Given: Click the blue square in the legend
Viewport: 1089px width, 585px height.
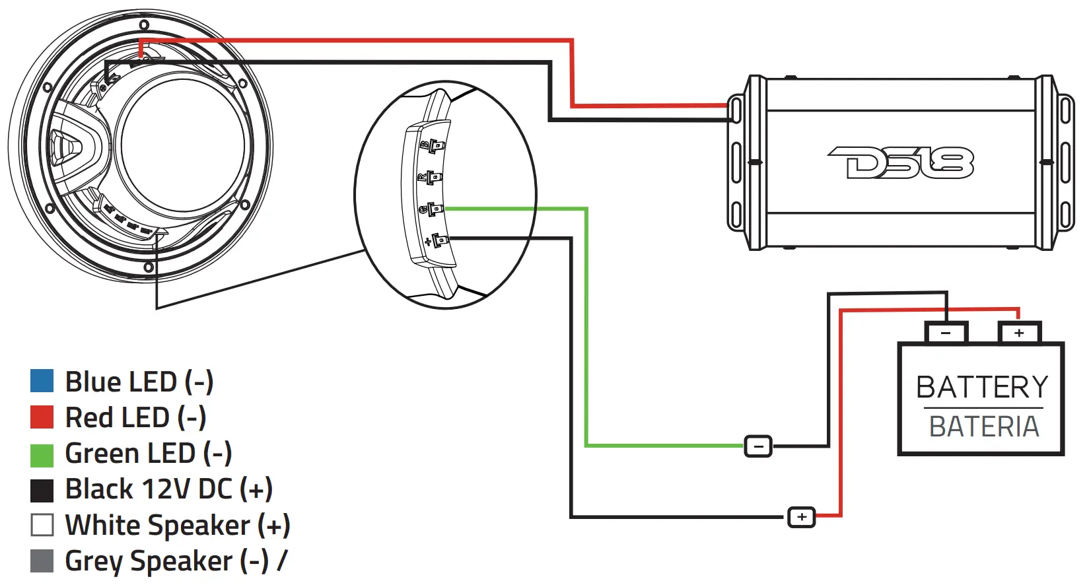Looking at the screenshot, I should tap(42, 381).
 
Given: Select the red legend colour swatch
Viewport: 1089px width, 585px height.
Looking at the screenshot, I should tap(42, 417).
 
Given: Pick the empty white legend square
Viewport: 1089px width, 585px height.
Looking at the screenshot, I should tap(42, 525).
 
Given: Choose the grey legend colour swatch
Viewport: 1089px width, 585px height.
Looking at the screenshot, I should tap(42, 561).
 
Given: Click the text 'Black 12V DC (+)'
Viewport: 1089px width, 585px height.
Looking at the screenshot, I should tap(168, 489).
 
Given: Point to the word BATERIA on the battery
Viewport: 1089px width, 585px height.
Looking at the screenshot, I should tap(983, 427).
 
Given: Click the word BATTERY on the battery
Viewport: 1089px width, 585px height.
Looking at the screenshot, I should tap(982, 387).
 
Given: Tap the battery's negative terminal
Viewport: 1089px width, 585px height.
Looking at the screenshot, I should tap(946, 333).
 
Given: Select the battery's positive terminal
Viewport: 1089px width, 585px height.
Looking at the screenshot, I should tap(1019, 333).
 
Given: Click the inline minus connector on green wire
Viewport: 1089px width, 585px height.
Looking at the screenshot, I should tap(758, 447).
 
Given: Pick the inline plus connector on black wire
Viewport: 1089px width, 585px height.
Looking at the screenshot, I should tap(802, 517).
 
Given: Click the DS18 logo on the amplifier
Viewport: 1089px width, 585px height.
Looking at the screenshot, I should tap(901, 162).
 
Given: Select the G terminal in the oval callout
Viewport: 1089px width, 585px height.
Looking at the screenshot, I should tap(433, 210).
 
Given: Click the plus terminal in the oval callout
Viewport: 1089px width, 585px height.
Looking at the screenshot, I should tap(438, 241).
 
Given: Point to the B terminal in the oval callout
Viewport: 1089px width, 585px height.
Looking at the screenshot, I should tap(435, 145).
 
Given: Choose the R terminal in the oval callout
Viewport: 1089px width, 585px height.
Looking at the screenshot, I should tap(432, 178).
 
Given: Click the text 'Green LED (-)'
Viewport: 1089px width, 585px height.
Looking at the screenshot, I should tap(148, 454).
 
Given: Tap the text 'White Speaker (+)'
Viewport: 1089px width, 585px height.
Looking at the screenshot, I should tap(177, 526).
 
